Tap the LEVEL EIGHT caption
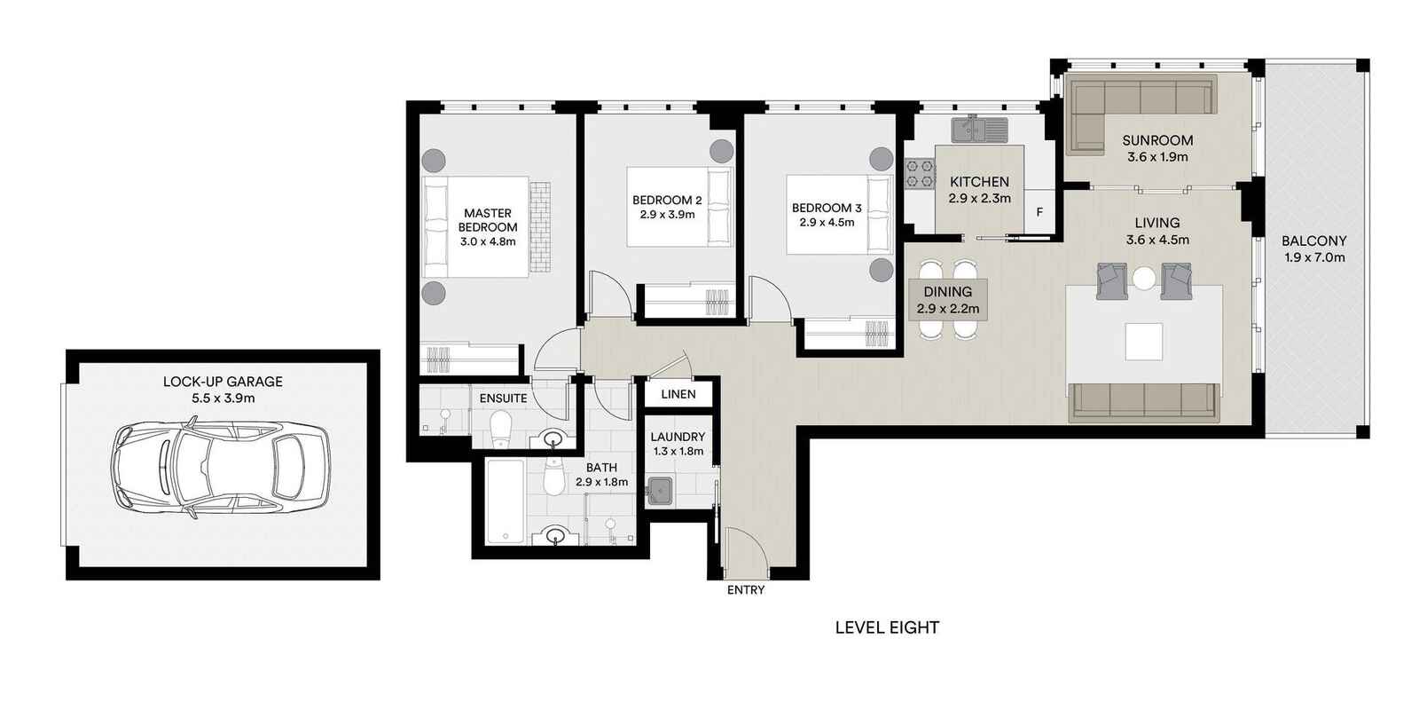click(x=887, y=627)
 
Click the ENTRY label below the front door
click(x=745, y=589)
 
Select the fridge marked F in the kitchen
click(x=1039, y=213)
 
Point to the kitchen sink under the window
click(x=980, y=130)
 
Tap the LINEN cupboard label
click(x=678, y=393)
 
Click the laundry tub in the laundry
click(x=659, y=491)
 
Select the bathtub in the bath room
click(x=506, y=501)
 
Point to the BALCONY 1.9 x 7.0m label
click(x=1313, y=248)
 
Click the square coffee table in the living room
click(x=1143, y=341)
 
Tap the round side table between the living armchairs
click(x=1144, y=279)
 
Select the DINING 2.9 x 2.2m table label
click(x=947, y=300)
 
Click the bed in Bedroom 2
click(x=679, y=208)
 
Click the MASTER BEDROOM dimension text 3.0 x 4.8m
click(x=488, y=241)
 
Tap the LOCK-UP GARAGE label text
click(x=223, y=382)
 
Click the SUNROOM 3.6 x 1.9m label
click(x=1156, y=148)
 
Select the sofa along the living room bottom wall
click(x=1143, y=400)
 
